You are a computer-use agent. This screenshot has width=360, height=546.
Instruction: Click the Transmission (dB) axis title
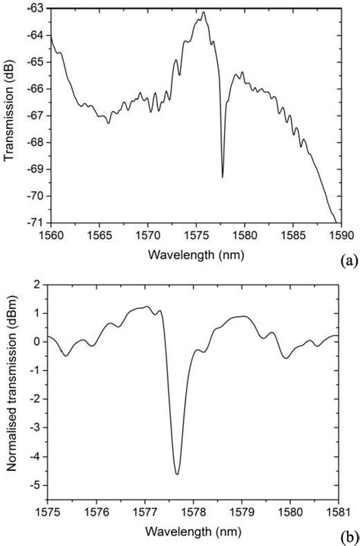(10, 116)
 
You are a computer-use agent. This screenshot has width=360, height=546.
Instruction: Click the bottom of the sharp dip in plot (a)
(223, 177)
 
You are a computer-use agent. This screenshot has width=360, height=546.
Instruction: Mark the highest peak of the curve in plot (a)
(203, 12)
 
